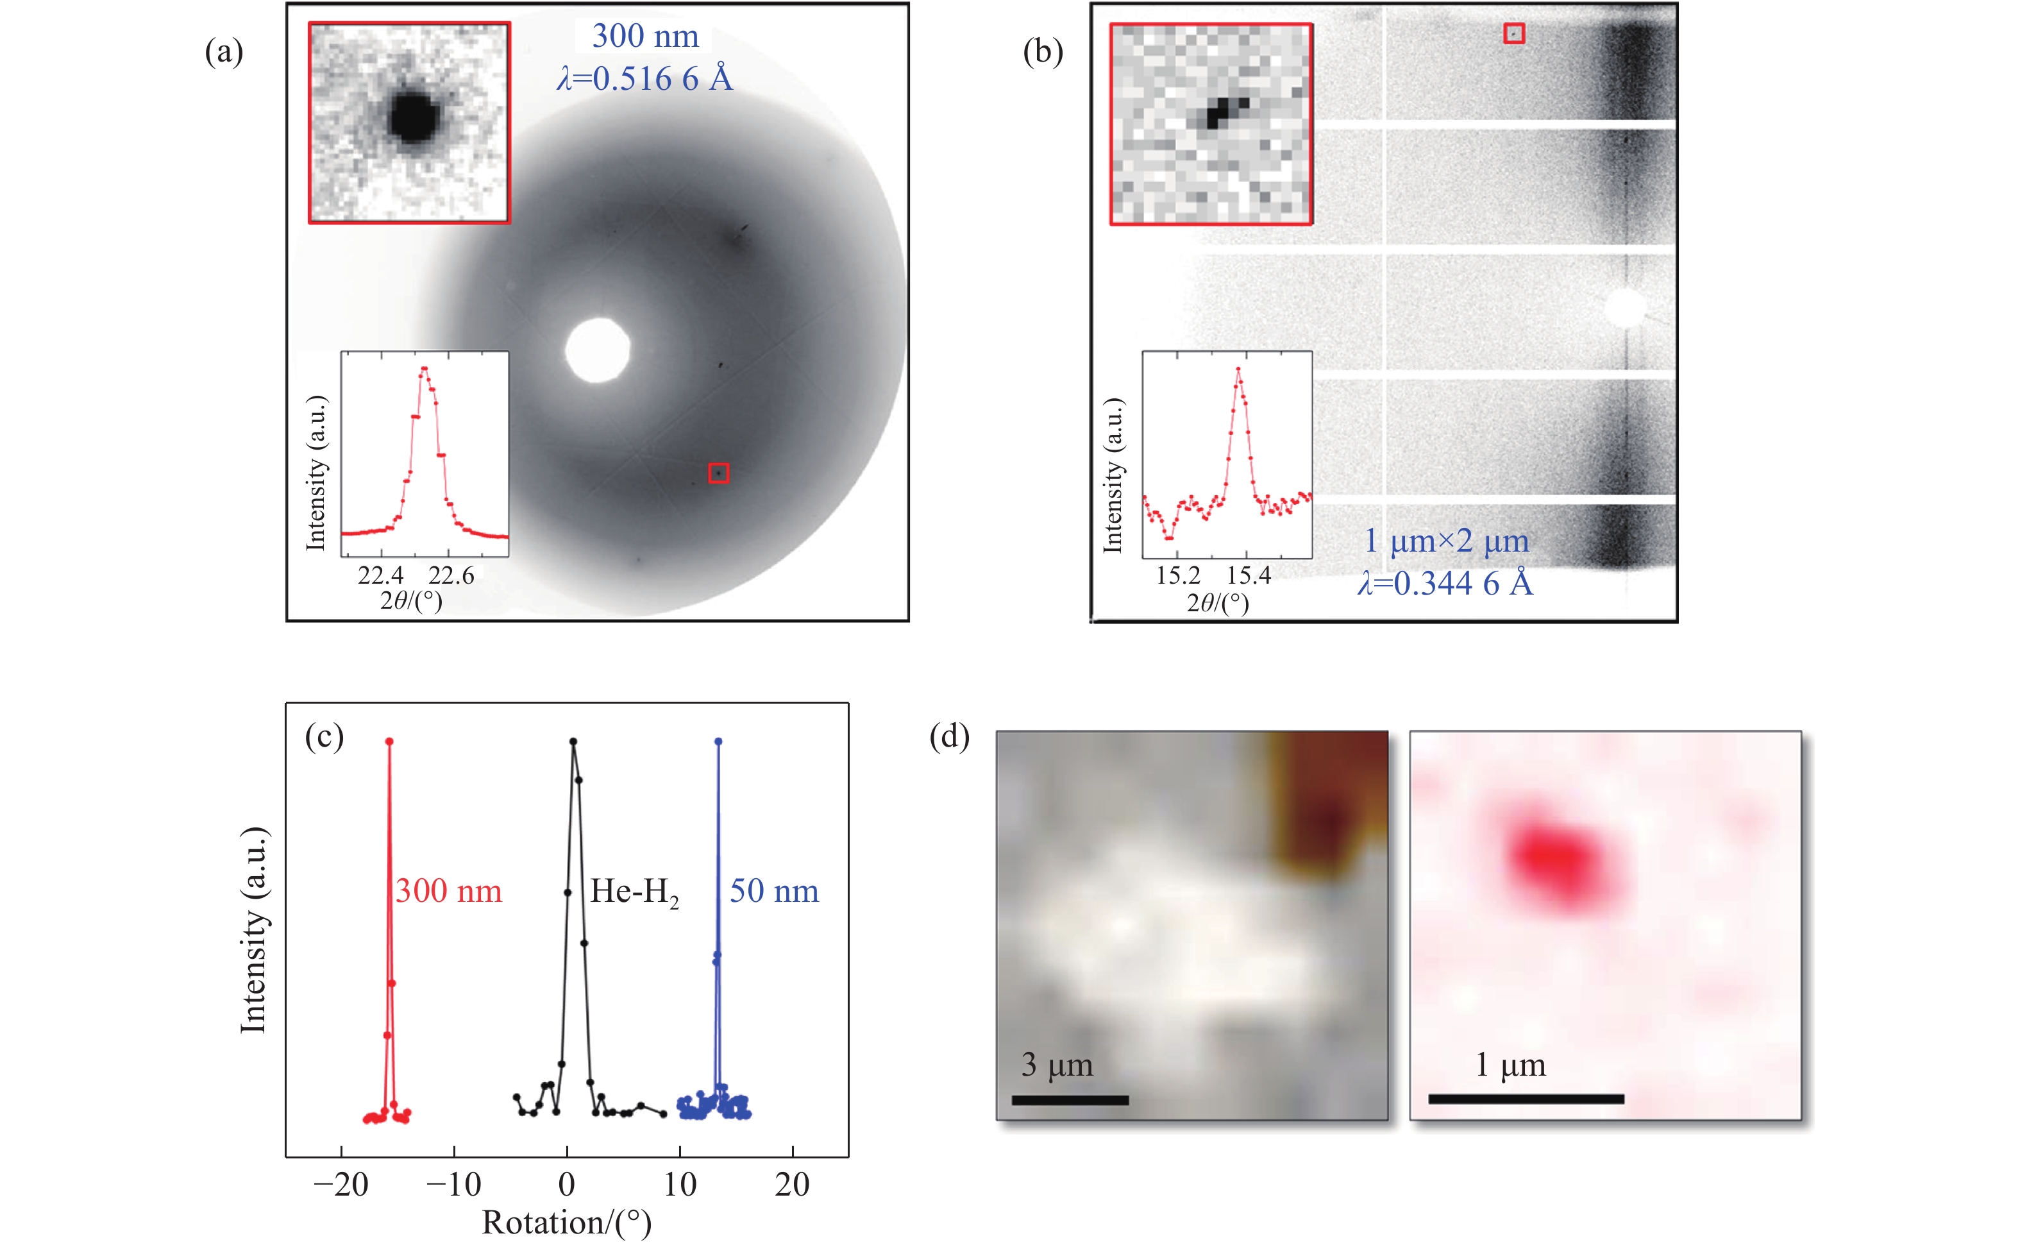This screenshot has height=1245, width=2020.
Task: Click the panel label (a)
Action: (x=224, y=53)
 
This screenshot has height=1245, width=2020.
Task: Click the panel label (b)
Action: (x=1042, y=53)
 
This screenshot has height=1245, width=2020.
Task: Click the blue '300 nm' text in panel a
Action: (x=645, y=36)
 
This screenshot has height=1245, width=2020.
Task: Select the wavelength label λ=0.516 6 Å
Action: (x=644, y=79)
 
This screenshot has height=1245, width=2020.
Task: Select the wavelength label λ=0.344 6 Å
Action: (x=1445, y=583)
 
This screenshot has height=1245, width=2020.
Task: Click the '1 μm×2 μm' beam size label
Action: (x=1446, y=541)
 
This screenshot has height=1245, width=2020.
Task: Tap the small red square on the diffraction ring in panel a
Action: (x=719, y=473)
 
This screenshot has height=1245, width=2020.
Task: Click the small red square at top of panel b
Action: (x=1515, y=33)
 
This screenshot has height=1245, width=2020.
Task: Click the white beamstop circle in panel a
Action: (x=598, y=350)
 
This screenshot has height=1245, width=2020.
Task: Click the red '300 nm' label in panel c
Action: (x=449, y=891)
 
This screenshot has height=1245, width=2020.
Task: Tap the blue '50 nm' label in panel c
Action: (x=774, y=891)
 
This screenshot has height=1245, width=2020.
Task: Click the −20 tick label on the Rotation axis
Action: (x=341, y=1185)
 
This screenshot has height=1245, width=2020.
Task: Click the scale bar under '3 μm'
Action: (x=1070, y=1100)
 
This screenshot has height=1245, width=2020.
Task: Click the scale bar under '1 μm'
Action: (x=1526, y=1098)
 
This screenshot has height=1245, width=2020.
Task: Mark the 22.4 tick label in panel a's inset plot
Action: (x=380, y=575)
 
